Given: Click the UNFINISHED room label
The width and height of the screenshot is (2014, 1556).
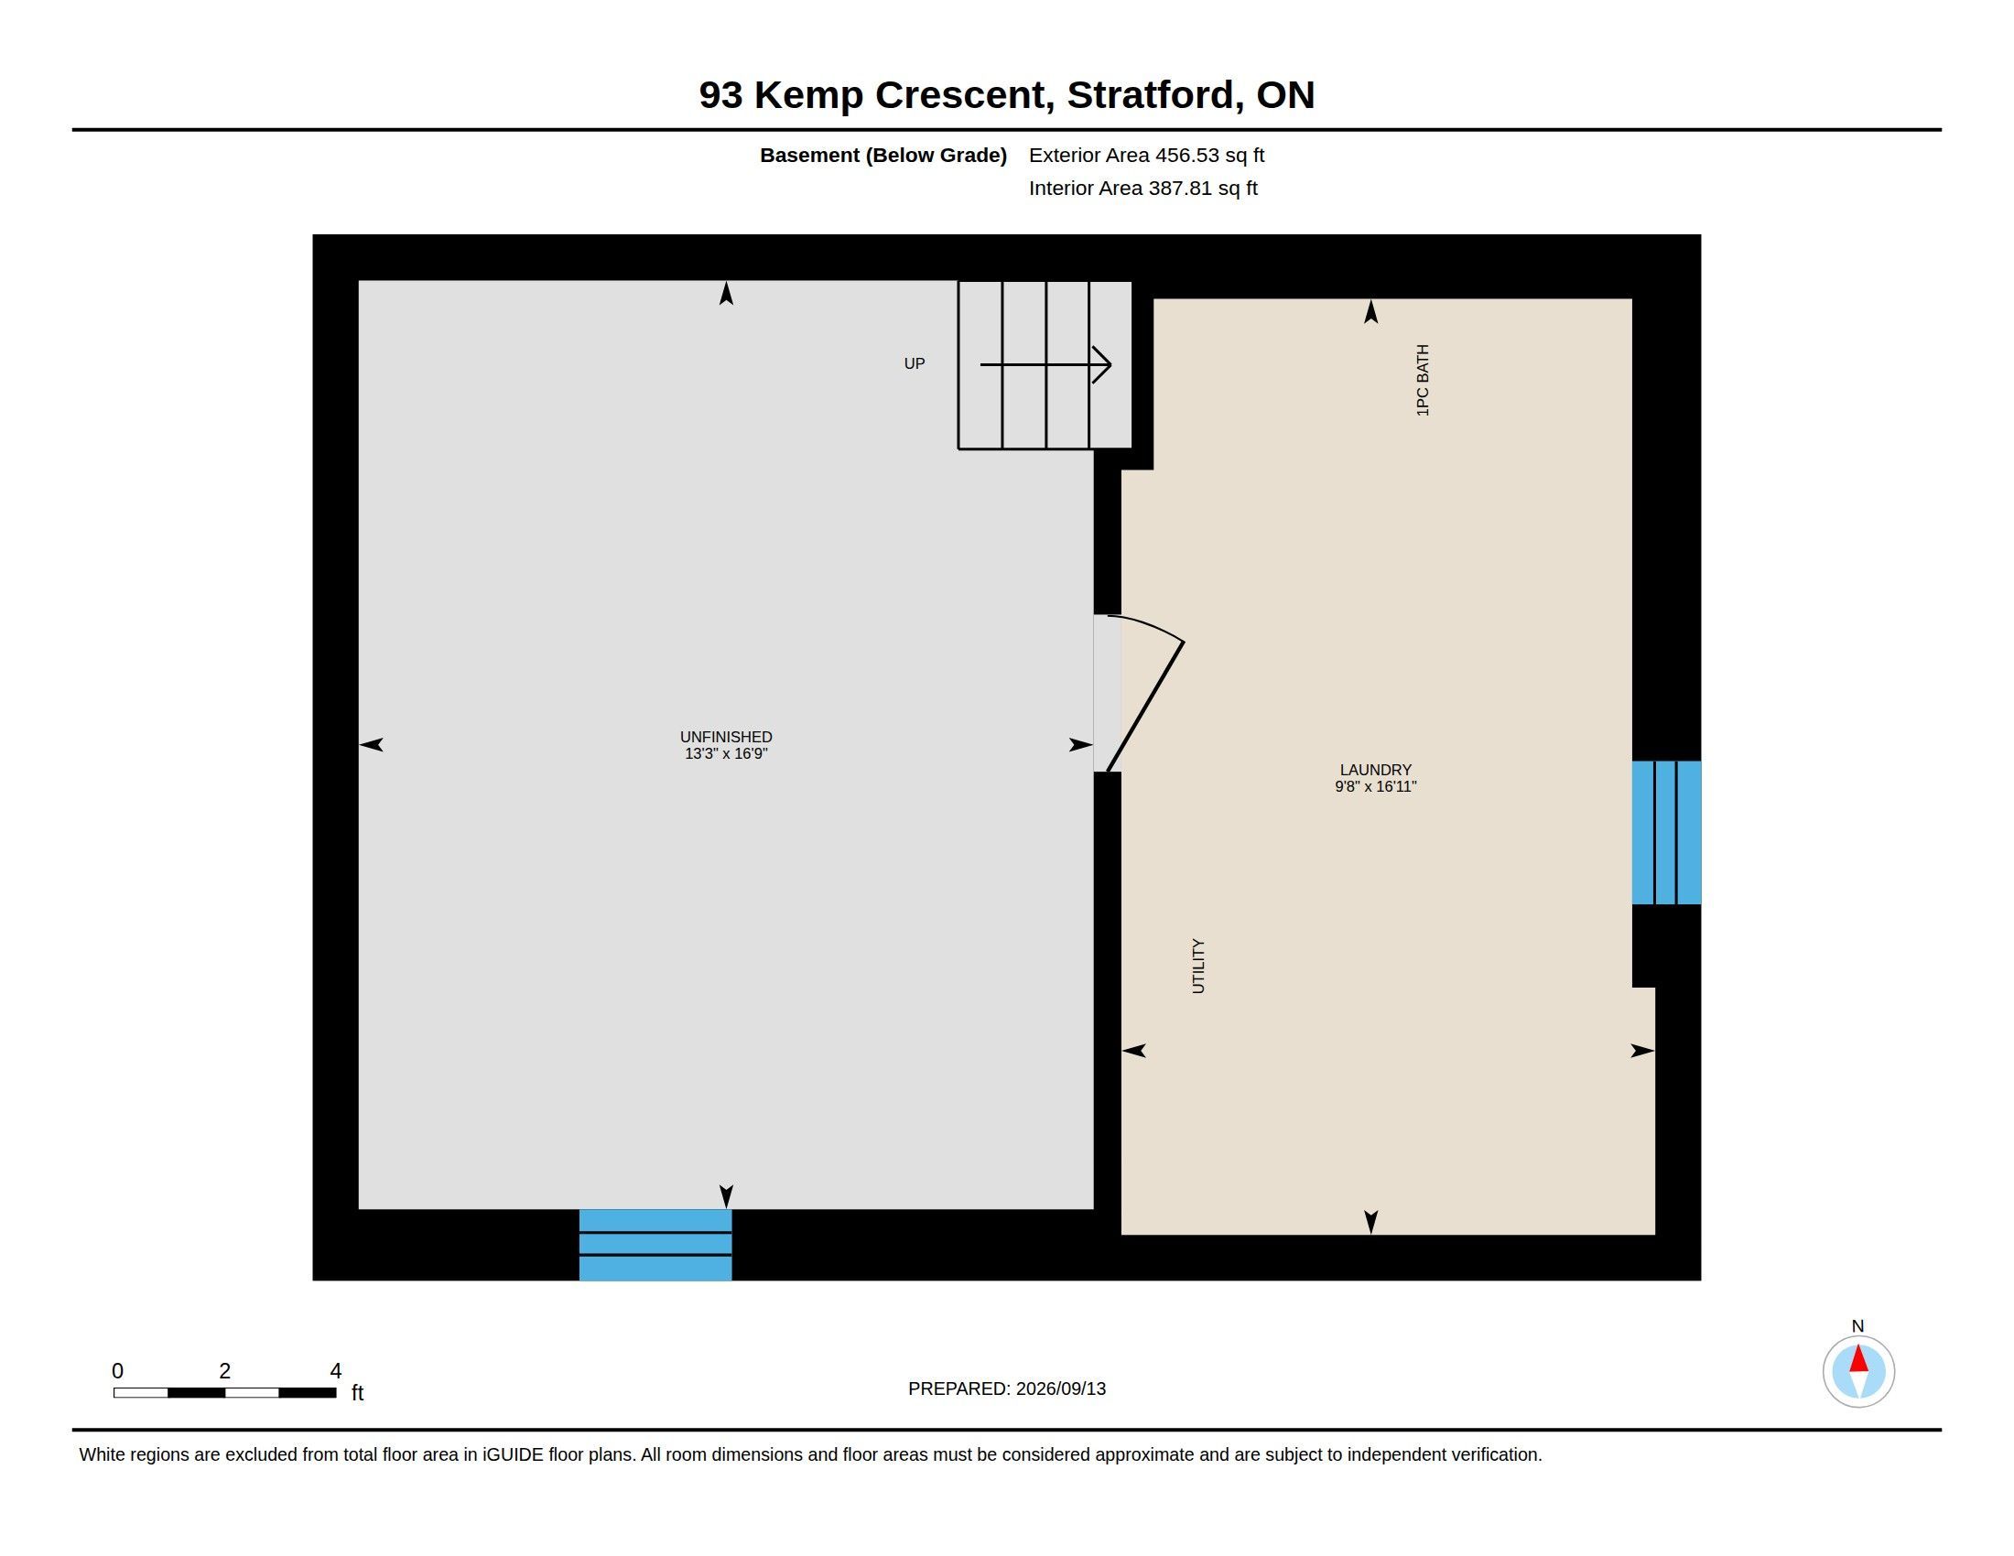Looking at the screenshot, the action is [726, 737].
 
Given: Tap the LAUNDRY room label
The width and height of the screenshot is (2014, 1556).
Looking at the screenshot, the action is [1375, 770].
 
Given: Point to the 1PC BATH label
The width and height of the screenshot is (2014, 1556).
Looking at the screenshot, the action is [1422, 381].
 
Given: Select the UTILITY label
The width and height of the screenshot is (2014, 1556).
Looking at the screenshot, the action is [1198, 966].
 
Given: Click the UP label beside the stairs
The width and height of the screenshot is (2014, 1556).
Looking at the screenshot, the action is [914, 364].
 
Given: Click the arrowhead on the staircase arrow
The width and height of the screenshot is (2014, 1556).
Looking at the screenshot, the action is [1102, 365].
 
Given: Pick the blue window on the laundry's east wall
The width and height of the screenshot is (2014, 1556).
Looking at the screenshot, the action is [1666, 832].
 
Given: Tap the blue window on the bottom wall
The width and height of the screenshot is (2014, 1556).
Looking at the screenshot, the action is [655, 1245].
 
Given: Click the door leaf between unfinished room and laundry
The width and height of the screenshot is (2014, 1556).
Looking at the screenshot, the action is [1145, 706].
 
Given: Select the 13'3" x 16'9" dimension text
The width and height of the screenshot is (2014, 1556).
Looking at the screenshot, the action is [726, 754].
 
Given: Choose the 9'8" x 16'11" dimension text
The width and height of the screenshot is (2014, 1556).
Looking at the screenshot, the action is [1375, 787].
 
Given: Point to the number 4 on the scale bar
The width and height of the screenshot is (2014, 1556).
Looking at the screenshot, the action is [336, 1371].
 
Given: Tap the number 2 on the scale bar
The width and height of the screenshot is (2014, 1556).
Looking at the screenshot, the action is [224, 1371].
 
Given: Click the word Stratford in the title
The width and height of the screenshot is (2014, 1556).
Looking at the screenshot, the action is [1151, 95].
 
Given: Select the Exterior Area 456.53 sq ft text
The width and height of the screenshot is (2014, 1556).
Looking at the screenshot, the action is [1146, 155].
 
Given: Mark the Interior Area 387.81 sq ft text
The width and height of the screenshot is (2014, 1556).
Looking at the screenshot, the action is [1142, 188].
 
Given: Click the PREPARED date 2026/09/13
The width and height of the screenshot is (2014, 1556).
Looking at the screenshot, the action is [1060, 1389].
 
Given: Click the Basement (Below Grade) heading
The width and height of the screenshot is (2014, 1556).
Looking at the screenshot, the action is [882, 156].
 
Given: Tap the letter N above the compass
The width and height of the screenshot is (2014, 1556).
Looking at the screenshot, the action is [1857, 1326].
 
